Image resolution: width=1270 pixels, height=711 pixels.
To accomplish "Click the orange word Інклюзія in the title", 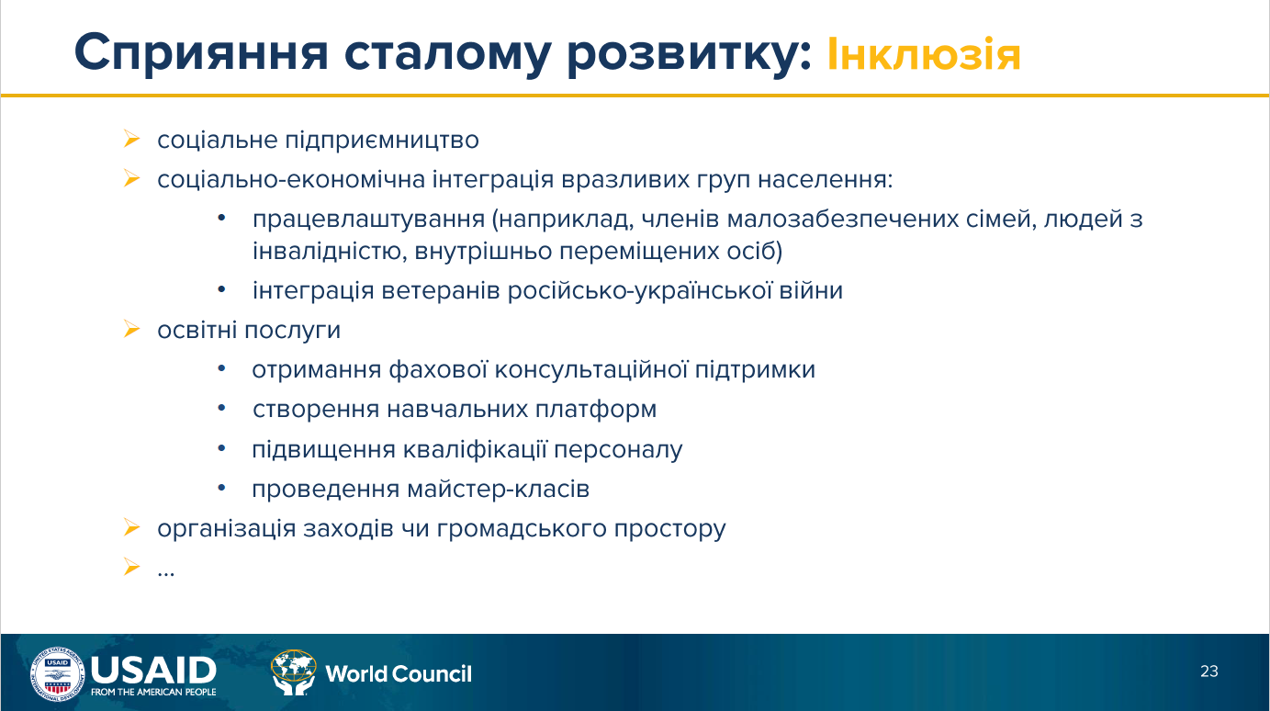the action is pyautogui.click(x=924, y=54).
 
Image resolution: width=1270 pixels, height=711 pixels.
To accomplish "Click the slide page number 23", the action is pyautogui.click(x=1208, y=671).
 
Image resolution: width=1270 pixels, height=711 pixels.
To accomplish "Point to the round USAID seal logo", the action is pyautogui.click(x=57, y=674).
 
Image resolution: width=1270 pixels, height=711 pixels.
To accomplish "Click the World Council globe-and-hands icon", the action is pyautogui.click(x=293, y=672).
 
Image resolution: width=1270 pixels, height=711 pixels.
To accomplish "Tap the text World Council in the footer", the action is pyautogui.click(x=399, y=673).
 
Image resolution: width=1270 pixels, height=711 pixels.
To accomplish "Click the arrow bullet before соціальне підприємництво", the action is pyautogui.click(x=131, y=139).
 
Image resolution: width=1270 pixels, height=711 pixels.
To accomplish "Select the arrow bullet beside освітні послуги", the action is pyautogui.click(x=131, y=330).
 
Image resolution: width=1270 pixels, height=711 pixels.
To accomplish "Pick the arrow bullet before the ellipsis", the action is pyautogui.click(x=131, y=567).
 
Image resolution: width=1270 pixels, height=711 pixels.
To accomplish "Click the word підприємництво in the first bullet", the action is pyautogui.click(x=382, y=141).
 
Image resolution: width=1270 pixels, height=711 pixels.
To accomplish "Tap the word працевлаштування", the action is pyautogui.click(x=368, y=220).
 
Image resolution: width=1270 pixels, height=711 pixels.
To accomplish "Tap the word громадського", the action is pyautogui.click(x=522, y=529).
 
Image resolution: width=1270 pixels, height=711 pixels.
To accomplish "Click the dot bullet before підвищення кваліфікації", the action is pyautogui.click(x=221, y=449).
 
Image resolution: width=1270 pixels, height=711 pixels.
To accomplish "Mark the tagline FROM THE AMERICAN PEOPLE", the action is pyautogui.click(x=153, y=692).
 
